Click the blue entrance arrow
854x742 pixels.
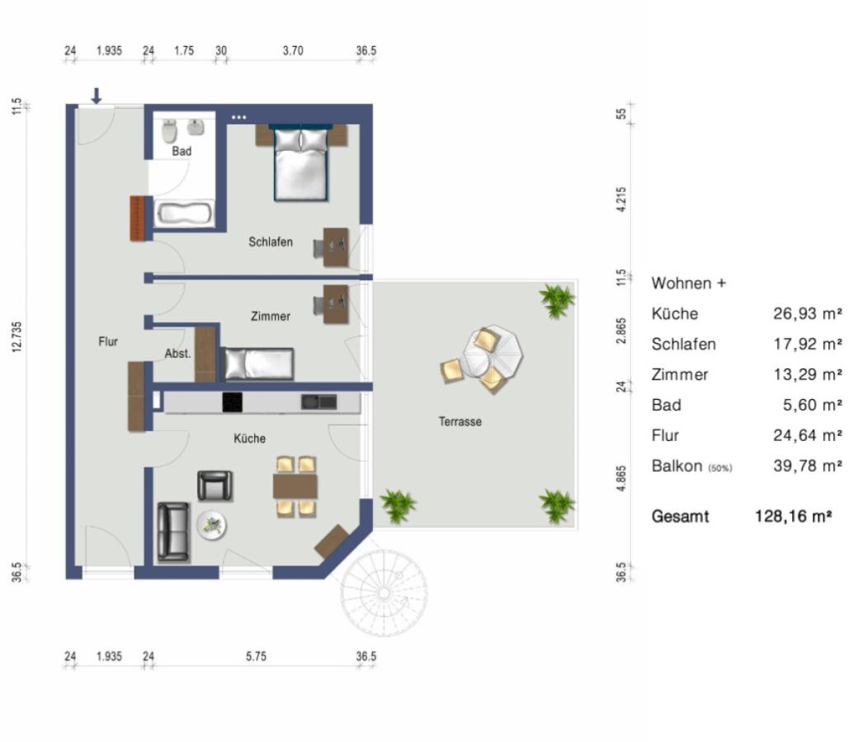(97, 96)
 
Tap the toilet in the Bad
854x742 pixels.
(169, 130)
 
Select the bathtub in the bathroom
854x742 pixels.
(184, 213)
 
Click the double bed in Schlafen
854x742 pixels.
(301, 162)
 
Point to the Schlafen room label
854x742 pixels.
(271, 242)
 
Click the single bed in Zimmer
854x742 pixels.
(259, 364)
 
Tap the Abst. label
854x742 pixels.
(178, 354)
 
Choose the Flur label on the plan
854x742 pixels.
(108, 341)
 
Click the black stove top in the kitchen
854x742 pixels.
(232, 402)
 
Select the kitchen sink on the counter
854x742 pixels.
(318, 402)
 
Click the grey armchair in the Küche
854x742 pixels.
(215, 486)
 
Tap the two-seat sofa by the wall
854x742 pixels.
(173, 532)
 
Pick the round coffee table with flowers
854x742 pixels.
(212, 526)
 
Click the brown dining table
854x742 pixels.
(295, 486)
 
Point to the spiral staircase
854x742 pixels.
(385, 593)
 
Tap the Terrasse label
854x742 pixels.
(460, 421)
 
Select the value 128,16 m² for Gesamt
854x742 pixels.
(794, 516)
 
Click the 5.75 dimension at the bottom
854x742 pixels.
(256, 656)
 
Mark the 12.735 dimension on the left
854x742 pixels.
(17, 337)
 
